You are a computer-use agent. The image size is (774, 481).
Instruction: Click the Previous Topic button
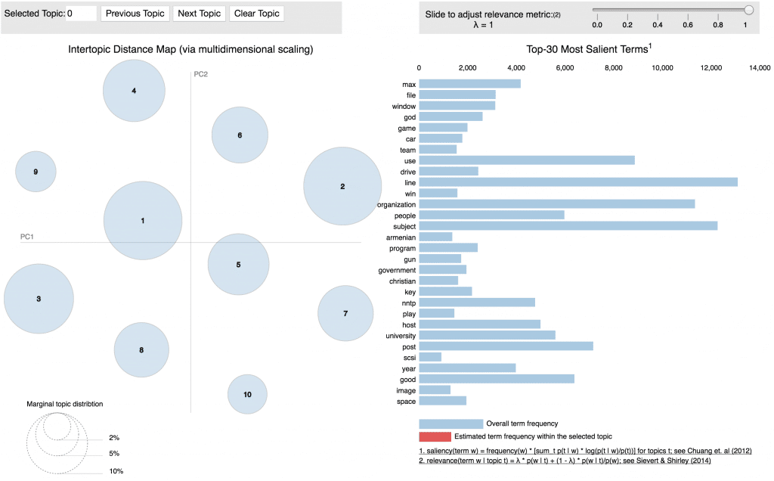[135, 14]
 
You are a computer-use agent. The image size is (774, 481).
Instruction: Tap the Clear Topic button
[257, 14]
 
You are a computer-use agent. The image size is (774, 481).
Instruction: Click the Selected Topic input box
[82, 14]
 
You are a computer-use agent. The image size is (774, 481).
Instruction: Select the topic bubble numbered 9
[36, 172]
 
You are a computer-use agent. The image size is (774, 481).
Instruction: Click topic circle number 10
[247, 394]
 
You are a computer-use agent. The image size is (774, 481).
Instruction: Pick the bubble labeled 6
[240, 135]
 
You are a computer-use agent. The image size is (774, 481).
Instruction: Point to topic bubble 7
[345, 313]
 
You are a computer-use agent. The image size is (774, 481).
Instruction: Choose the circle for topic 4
[134, 91]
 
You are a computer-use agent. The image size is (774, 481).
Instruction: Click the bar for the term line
[577, 182]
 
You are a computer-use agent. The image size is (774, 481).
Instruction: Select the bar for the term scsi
[430, 357]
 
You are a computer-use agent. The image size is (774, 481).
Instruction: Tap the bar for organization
[556, 204]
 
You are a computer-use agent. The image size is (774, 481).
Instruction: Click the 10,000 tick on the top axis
[662, 68]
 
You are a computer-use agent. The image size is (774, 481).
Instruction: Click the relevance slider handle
[749, 10]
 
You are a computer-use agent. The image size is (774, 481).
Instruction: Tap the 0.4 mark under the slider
[658, 25]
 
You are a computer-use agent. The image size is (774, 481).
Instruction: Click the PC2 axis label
[200, 74]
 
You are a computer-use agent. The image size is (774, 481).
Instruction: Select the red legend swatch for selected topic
[434, 437]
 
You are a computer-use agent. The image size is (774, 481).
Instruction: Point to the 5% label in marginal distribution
[113, 454]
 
